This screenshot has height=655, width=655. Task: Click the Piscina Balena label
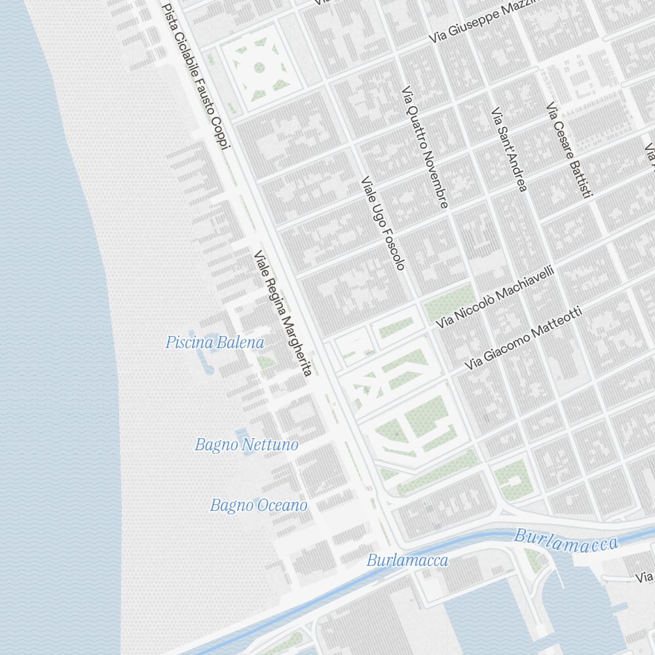pos(215,342)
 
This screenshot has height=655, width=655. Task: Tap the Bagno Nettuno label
pos(246,445)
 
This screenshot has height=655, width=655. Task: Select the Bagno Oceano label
pos(258,506)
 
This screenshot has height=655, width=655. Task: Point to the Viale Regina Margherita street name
pos(282,313)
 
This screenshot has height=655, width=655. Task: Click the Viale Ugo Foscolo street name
pos(383,223)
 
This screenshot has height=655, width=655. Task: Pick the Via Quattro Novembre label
pos(425,147)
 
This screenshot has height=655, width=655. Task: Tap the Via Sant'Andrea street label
pos(509,150)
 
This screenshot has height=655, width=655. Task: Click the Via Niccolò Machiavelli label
pos(496,297)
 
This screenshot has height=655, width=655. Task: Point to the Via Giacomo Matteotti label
pos(523,339)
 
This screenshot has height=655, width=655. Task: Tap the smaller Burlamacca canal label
pos(407,561)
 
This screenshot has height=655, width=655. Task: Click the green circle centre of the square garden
pos(259,67)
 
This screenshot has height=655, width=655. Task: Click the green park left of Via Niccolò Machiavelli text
pos(449,303)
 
